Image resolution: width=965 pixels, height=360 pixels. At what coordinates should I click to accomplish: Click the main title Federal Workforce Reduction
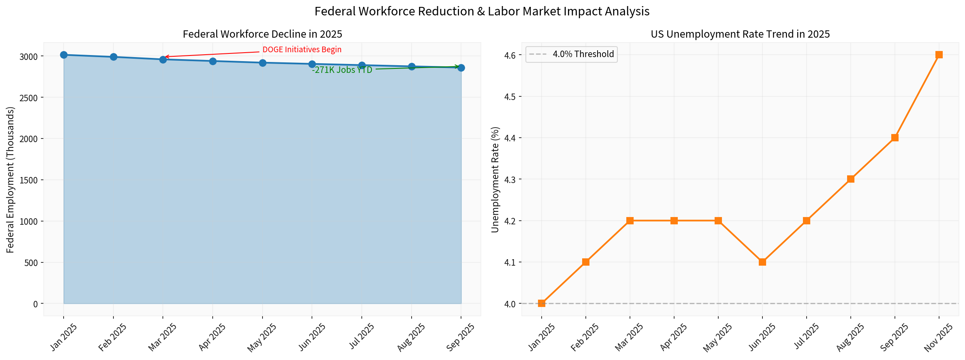coord(482,11)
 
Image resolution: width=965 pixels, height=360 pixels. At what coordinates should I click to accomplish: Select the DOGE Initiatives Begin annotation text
coord(302,50)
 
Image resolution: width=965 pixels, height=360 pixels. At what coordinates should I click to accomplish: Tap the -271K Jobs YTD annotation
coord(342,70)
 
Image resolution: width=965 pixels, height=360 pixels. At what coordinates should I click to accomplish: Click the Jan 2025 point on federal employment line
coord(64,55)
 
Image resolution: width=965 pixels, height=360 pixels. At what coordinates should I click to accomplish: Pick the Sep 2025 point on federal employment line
coord(461,68)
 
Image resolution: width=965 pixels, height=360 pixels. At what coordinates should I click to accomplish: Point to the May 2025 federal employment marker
coord(263,63)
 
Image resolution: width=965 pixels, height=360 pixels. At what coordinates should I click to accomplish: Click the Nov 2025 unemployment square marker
coord(939,55)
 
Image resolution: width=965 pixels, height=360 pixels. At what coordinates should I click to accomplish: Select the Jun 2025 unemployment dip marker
coord(762,262)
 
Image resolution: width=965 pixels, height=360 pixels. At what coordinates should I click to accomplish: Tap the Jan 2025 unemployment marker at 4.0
coord(542,303)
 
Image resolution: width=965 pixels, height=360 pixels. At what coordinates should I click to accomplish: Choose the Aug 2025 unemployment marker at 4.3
coord(851,179)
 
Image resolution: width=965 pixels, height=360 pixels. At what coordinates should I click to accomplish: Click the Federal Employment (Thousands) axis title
coord(11,179)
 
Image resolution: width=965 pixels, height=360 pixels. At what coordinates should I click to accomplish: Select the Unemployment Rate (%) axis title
coord(495,179)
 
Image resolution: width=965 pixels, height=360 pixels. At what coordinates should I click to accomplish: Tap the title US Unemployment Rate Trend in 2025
coord(740,34)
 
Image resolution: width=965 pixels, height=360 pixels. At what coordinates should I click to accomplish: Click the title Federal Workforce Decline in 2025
coord(263,34)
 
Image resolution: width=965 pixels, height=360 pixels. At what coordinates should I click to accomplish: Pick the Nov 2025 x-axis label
coord(939,337)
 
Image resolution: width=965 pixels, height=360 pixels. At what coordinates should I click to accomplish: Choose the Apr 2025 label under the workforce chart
coord(212,337)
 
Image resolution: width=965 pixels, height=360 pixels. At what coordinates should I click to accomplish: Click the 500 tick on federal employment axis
coord(32,263)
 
